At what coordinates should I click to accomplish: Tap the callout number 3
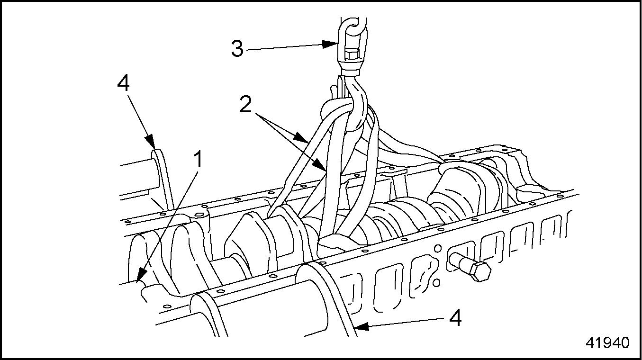click(237, 49)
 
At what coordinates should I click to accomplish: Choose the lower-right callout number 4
click(455, 319)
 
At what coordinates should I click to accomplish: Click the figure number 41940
click(608, 343)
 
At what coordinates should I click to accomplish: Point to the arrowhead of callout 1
click(140, 279)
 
